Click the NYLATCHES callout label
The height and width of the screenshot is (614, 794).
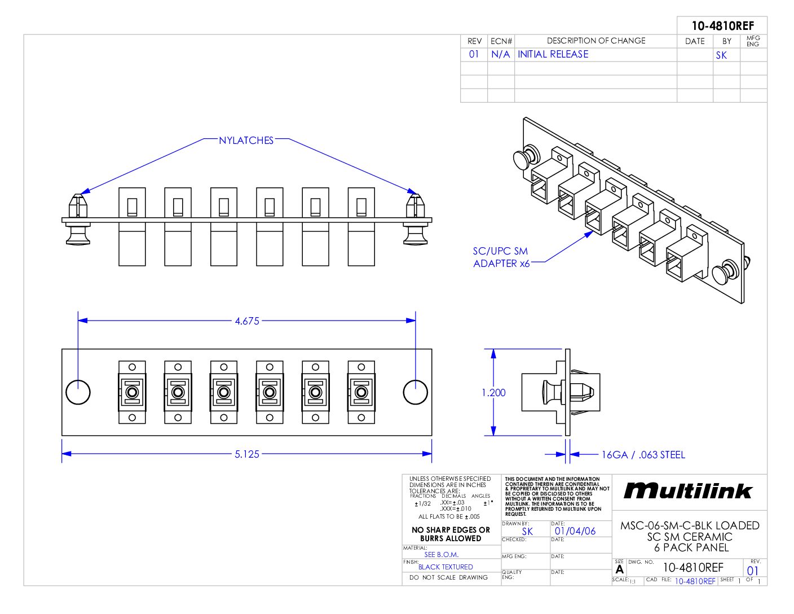pyautogui.click(x=246, y=141)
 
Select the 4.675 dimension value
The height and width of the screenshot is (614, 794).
pyautogui.click(x=247, y=321)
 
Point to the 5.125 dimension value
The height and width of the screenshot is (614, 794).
pyautogui.click(x=247, y=454)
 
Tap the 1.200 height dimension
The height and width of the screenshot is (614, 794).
pyautogui.click(x=493, y=393)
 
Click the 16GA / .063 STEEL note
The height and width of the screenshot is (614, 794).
pyautogui.click(x=643, y=455)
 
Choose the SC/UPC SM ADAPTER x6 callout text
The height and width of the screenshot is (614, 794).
pyautogui.click(x=501, y=257)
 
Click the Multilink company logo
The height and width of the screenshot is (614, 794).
pyautogui.click(x=688, y=491)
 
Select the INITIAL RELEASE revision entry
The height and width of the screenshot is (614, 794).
pyautogui.click(x=553, y=55)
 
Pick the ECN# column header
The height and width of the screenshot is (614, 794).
pyautogui.click(x=501, y=41)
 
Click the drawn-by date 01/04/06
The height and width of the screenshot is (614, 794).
pyautogui.click(x=575, y=531)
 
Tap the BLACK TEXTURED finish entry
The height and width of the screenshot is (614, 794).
pyautogui.click(x=445, y=567)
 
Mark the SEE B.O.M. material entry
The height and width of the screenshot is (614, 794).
pyautogui.click(x=441, y=555)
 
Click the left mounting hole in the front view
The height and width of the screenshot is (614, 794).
pyautogui.click(x=78, y=392)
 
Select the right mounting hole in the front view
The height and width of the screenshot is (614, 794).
pyautogui.click(x=416, y=392)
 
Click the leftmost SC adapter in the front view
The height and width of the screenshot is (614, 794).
pyautogui.click(x=132, y=392)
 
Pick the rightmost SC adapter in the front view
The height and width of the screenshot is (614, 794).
pyautogui.click(x=361, y=392)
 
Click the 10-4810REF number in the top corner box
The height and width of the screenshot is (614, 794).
pyautogui.click(x=722, y=26)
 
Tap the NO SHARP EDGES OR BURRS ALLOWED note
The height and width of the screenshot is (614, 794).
pyautogui.click(x=451, y=534)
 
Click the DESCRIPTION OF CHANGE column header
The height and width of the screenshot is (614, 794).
pyautogui.click(x=596, y=41)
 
